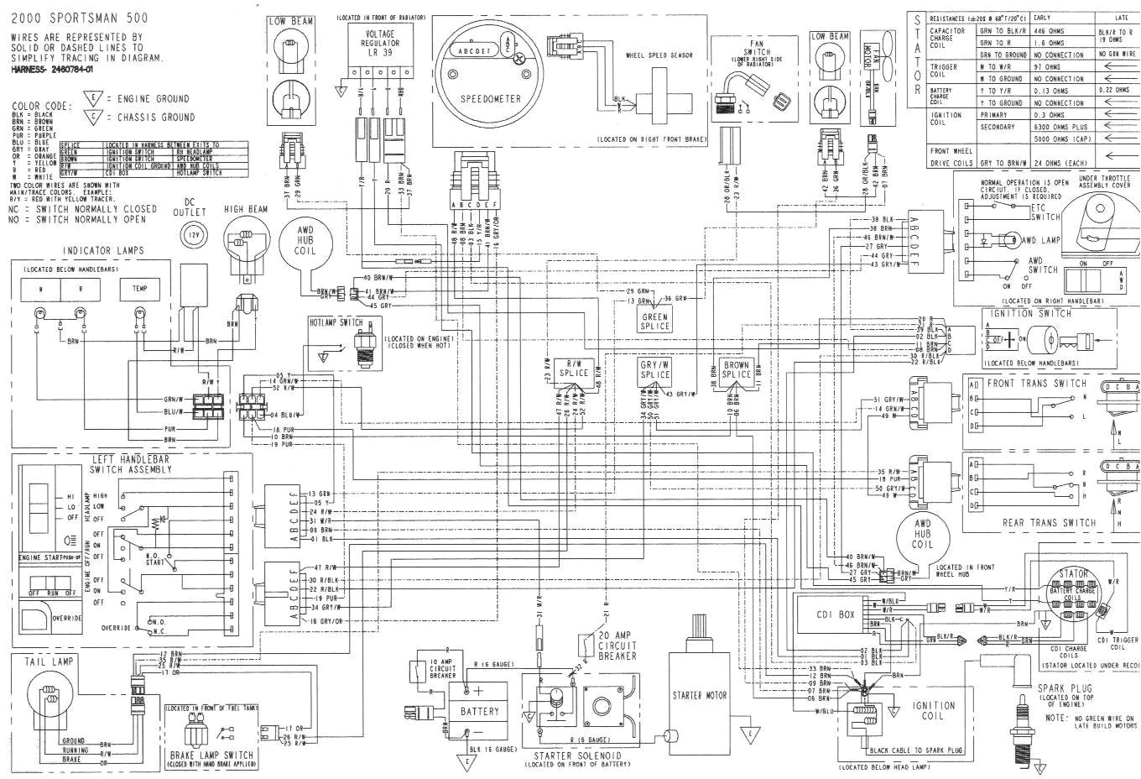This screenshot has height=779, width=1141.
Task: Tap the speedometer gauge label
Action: point(490,98)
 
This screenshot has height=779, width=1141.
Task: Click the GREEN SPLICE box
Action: point(655,322)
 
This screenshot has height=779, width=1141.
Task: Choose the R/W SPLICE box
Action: point(573,369)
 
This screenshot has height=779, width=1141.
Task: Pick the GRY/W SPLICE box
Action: point(655,370)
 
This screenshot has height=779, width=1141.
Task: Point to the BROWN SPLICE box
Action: point(737,369)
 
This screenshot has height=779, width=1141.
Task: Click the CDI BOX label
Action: point(836,614)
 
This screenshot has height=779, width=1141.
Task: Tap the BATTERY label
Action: point(479,711)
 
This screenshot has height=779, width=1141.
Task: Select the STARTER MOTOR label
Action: point(699,695)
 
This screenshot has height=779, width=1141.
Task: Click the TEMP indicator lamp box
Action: point(139,289)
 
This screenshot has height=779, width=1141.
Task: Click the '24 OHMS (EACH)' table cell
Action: point(1065,162)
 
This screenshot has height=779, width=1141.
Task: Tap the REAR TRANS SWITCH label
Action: point(1049,522)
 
